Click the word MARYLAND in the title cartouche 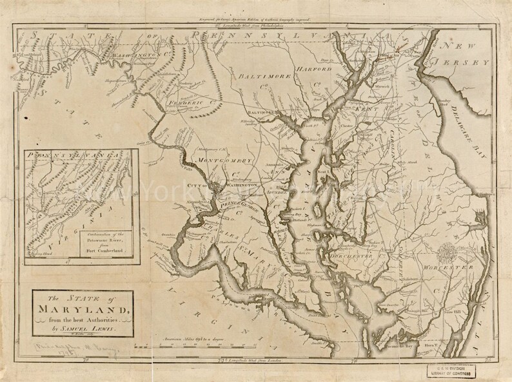[x=82, y=311]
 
